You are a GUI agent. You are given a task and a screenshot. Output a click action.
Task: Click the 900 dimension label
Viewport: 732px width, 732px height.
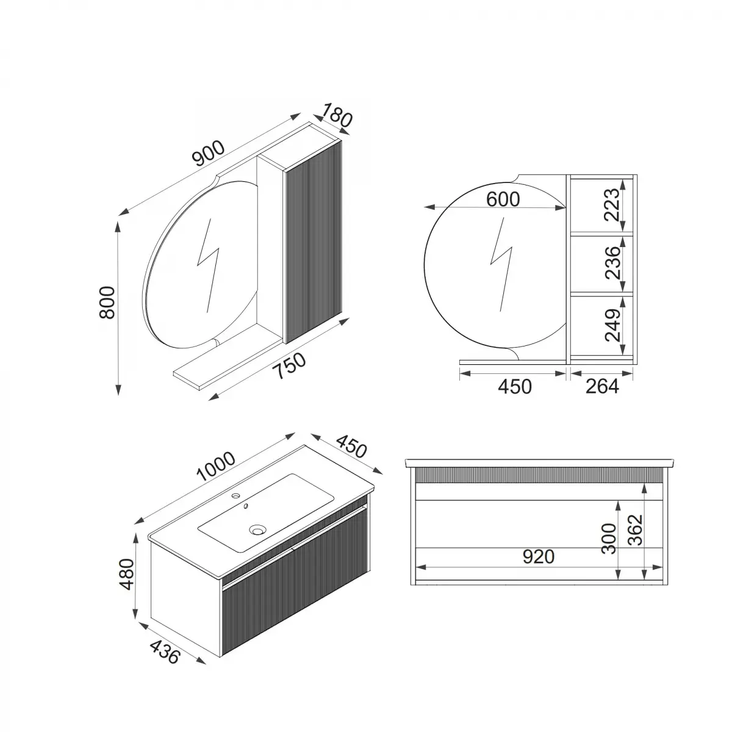click(x=209, y=153)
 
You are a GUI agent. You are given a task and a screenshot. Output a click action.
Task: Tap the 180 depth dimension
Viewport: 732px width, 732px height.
click(x=337, y=115)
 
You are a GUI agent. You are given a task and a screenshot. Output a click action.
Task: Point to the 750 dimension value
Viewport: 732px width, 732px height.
click(x=290, y=365)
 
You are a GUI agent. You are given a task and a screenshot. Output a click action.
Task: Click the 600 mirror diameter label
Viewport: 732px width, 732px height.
click(x=503, y=199)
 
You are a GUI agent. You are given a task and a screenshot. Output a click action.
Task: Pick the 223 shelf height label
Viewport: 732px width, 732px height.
click(x=612, y=205)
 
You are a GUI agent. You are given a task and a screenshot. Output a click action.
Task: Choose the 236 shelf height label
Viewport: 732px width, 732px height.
click(x=612, y=263)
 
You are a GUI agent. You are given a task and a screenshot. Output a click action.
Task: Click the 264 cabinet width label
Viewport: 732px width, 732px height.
click(x=602, y=387)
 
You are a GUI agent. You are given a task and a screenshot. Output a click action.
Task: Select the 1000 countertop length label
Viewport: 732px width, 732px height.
click(x=216, y=466)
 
